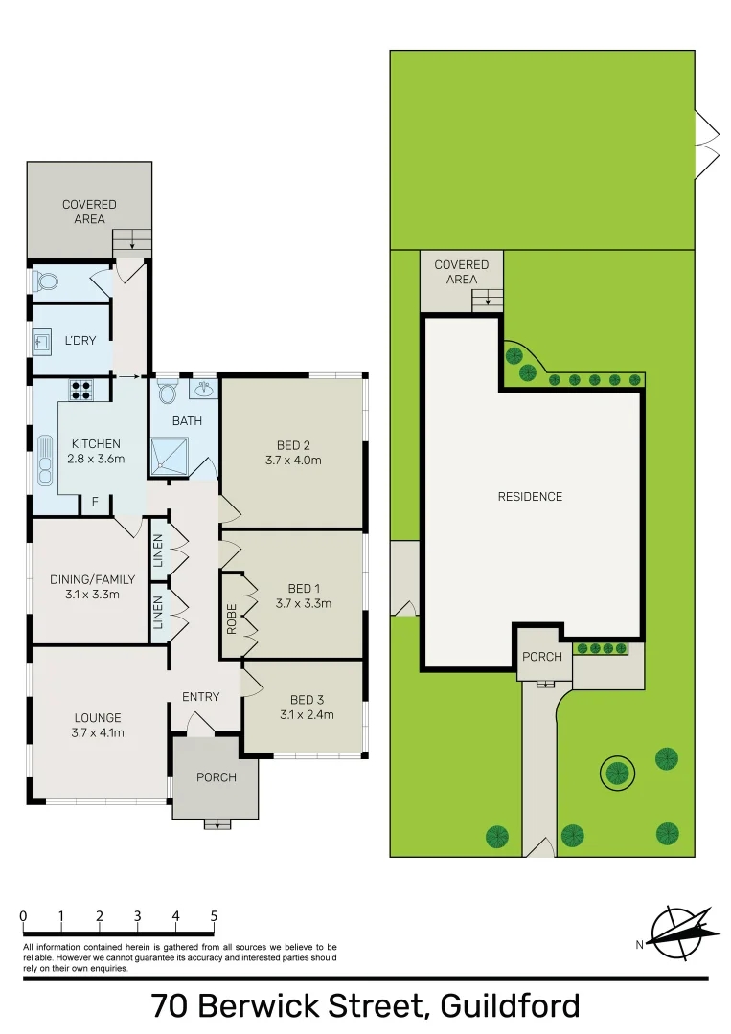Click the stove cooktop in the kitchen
tap(80, 390)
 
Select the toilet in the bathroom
tap(168, 393)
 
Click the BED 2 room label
tap(293, 445)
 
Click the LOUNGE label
tap(99, 718)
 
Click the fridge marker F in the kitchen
tap(95, 502)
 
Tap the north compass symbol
tap(681, 932)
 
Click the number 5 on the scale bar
tap(214, 916)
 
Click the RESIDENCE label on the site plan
tap(530, 497)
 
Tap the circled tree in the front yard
tap(616, 772)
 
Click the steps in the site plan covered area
tap(488, 300)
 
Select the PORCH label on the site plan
tap(541, 658)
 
